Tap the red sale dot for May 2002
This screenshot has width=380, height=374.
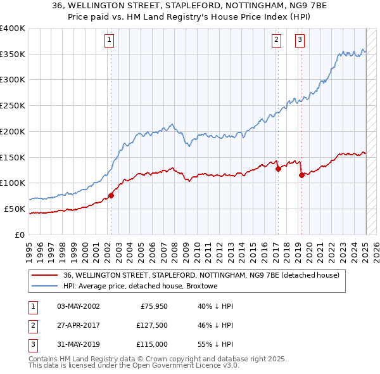pos(111,195)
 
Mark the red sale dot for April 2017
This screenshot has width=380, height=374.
pos(277,169)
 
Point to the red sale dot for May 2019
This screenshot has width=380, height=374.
pos(301,175)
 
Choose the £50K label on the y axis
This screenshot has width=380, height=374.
pos(15,209)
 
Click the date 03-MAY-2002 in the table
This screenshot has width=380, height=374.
pos(78,306)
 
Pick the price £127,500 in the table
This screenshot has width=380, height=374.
pos(152,325)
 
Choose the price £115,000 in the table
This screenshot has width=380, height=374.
pos(152,344)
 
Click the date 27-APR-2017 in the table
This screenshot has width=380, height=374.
pos(78,325)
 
